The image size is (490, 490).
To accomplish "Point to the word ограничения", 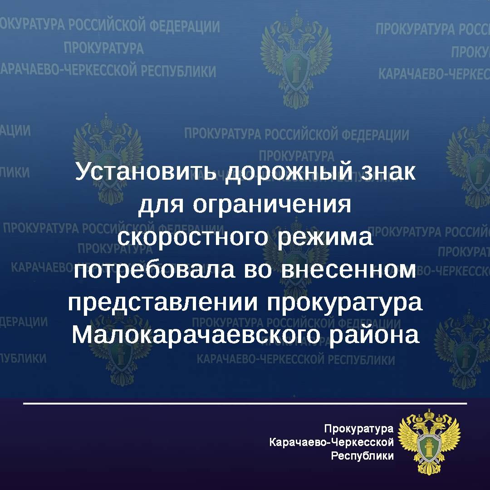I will click(x=272, y=206).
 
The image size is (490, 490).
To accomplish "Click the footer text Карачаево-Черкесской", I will click(x=332, y=441).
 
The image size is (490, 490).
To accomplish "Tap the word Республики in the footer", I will click(x=363, y=456).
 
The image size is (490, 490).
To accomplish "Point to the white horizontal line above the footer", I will click(x=245, y=403).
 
